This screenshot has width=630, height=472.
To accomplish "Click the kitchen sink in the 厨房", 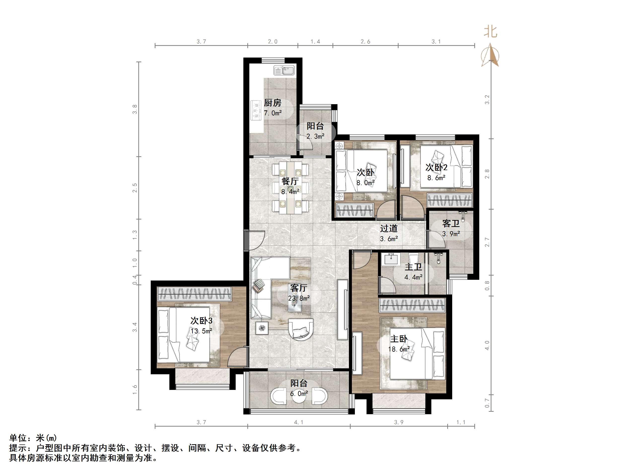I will pos(284,70).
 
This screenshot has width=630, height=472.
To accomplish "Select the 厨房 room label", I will pos(273,103).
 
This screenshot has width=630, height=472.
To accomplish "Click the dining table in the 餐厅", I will pos(291,188).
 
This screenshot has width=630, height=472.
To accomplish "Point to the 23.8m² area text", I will pos(299,298).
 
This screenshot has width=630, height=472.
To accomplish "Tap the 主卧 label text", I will pos(399,339).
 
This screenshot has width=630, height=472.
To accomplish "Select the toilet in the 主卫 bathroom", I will pos(413,259).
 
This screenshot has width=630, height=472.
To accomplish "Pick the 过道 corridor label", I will pos(389,228).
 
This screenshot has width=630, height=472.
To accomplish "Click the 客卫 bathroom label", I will pos(451,224).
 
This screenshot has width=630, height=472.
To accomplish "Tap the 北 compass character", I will pos(490,32).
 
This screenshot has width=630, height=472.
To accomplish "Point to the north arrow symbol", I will pos(490,56).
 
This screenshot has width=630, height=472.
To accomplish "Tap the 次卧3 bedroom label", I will pos(201,321).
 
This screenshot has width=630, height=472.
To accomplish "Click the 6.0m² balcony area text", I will pos(299,393).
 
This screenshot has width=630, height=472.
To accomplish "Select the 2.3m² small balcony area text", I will pos(315,137).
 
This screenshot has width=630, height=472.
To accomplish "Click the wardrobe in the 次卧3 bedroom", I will pos(194,294).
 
